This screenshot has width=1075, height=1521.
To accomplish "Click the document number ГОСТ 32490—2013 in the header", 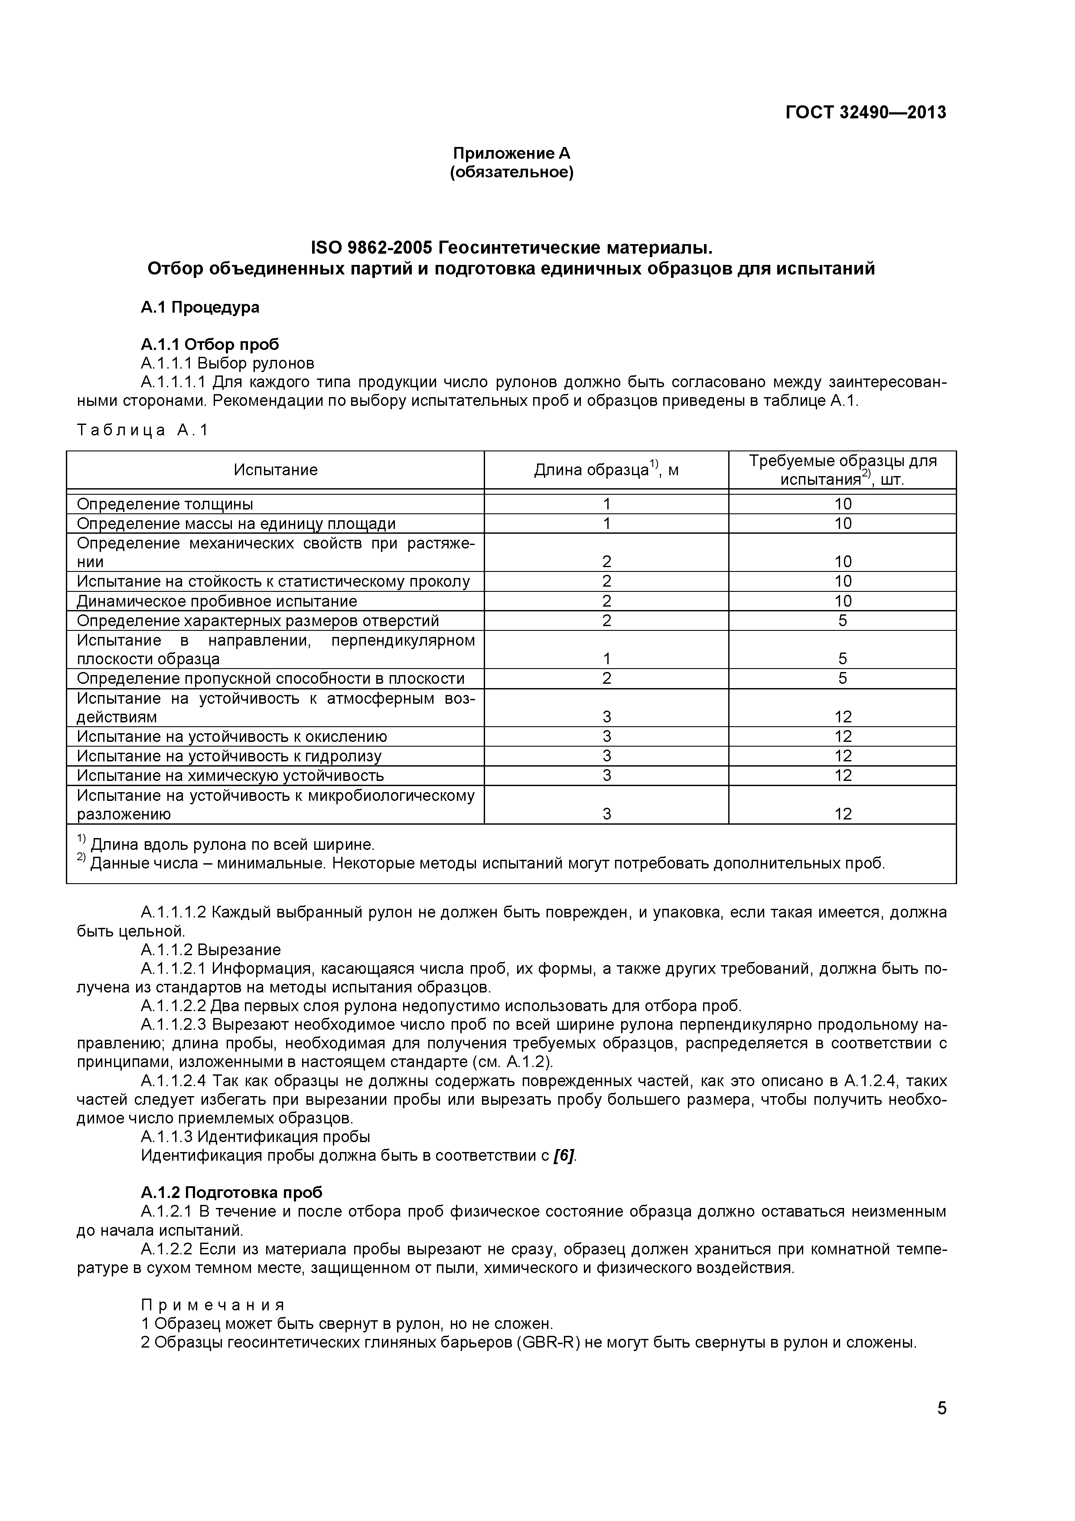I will pyautogui.click(x=865, y=113).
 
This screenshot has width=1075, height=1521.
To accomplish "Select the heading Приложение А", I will pyautogui.click(x=511, y=153).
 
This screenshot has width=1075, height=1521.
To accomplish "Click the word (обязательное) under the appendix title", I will pyautogui.click(x=511, y=173).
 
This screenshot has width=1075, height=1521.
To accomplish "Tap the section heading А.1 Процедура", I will pyautogui.click(x=199, y=307).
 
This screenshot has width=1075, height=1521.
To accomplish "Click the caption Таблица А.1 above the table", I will pyautogui.click(x=143, y=430).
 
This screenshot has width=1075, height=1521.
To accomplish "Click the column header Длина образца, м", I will pyautogui.click(x=606, y=470).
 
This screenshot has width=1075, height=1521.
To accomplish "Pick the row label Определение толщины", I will pyautogui.click(x=165, y=504).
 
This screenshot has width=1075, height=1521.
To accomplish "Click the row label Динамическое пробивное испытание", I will pyautogui.click(x=217, y=601).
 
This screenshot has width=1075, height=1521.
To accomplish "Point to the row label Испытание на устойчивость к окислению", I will pyautogui.click(x=232, y=737).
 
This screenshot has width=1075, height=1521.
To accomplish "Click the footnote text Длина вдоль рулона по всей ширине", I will pyautogui.click(x=232, y=845).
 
